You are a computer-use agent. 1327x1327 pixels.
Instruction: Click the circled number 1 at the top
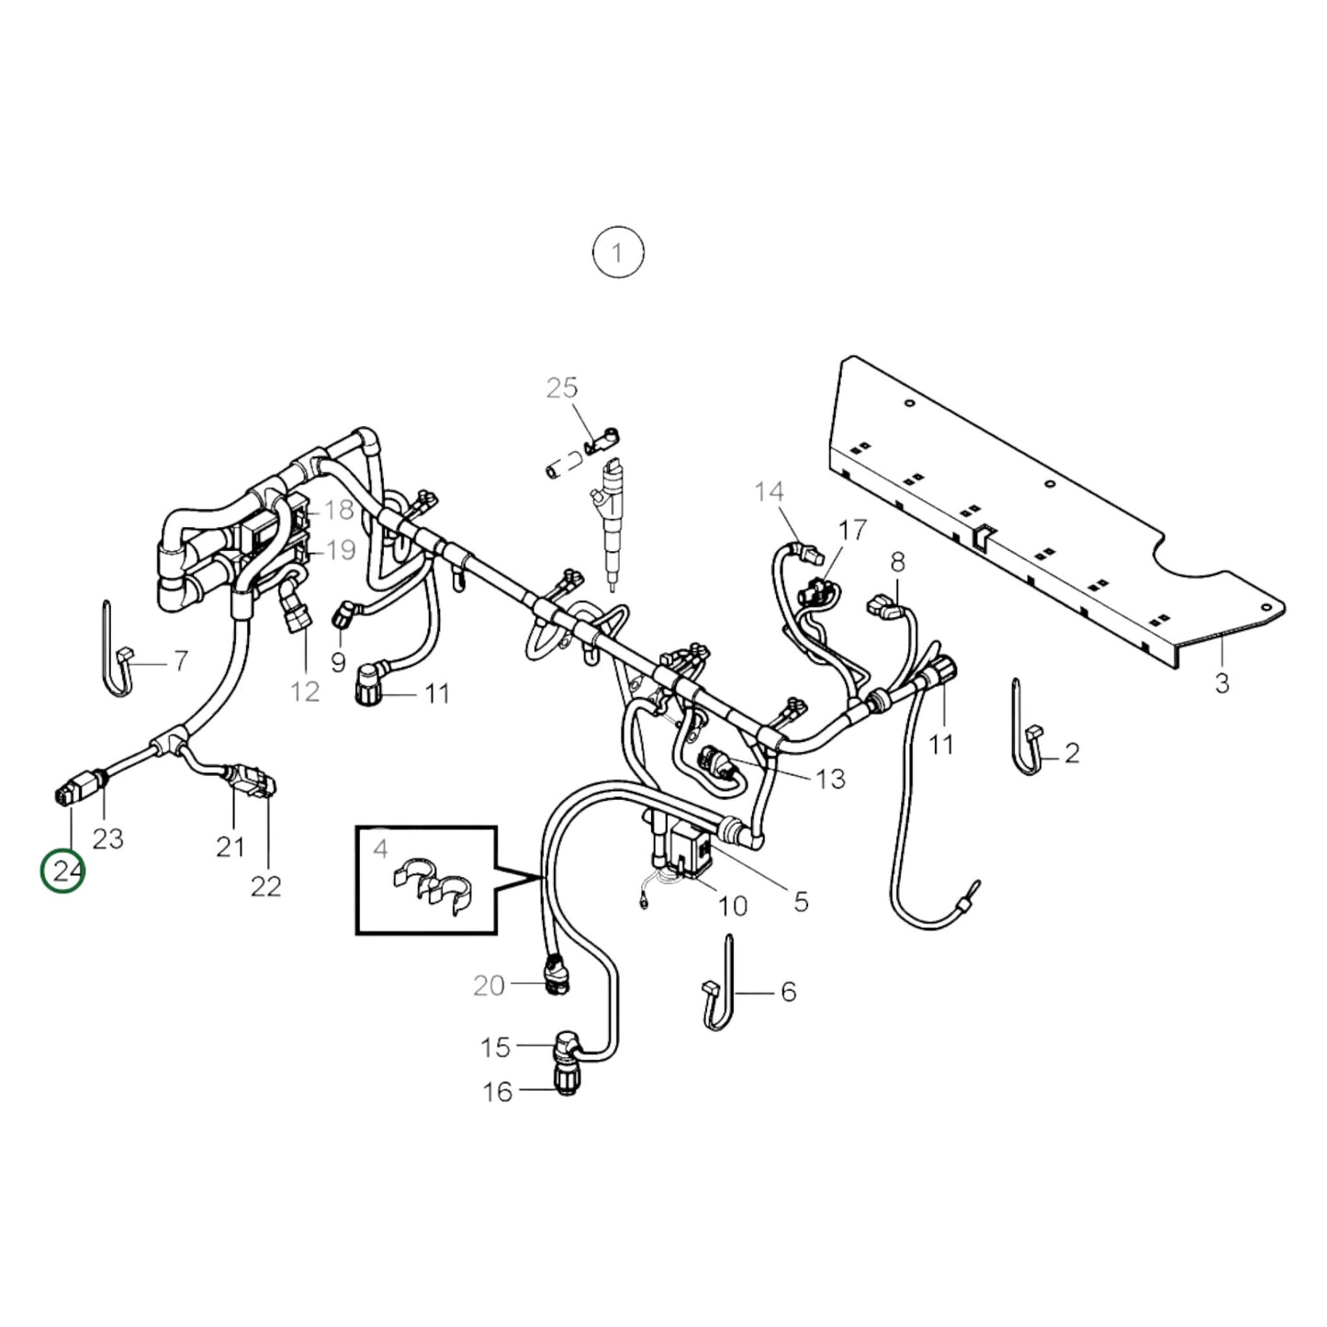(x=617, y=252)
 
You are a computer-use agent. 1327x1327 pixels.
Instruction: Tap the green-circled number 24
(x=63, y=871)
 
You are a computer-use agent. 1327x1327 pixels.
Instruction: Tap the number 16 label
(x=498, y=1092)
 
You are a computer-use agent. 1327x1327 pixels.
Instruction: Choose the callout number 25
(x=562, y=388)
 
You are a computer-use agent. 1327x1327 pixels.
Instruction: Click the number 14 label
(x=770, y=492)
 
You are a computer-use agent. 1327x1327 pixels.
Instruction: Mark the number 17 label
(x=852, y=530)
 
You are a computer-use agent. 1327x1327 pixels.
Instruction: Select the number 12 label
(x=305, y=692)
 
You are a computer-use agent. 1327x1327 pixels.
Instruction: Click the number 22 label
(x=265, y=886)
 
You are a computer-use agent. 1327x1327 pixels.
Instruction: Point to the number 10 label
(x=732, y=906)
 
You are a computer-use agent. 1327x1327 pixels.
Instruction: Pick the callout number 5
(x=801, y=902)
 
